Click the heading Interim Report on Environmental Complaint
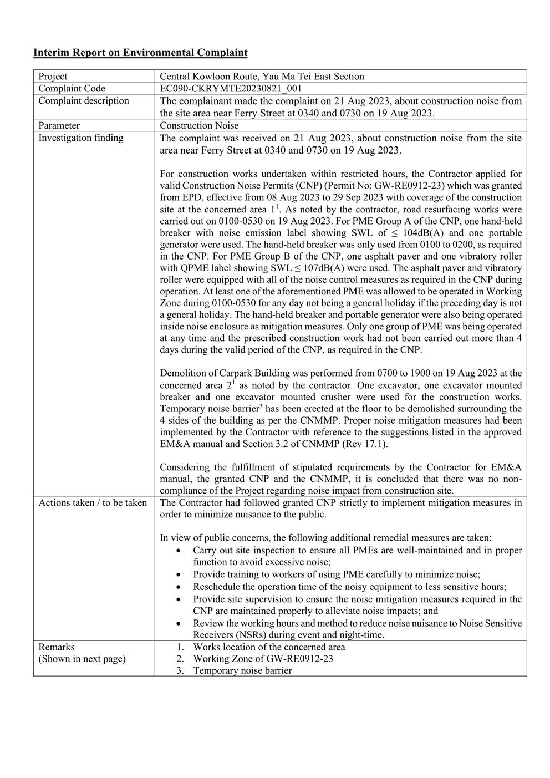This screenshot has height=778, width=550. click(x=140, y=53)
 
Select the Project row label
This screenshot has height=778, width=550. click(x=53, y=77)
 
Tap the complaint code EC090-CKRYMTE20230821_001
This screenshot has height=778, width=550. click(x=231, y=89)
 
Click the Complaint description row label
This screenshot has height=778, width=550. click(x=83, y=101)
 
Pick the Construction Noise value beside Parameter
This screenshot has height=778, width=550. click(x=199, y=125)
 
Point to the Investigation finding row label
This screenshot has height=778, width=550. click(x=80, y=138)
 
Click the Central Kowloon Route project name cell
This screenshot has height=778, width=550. click(x=262, y=77)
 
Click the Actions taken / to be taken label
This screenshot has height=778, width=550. click(x=93, y=502)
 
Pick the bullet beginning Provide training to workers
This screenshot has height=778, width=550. click(x=336, y=574)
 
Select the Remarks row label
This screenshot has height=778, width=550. click(x=56, y=647)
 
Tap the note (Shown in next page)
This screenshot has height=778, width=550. click(x=82, y=659)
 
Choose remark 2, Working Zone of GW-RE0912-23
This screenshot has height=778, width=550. click(x=262, y=659)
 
